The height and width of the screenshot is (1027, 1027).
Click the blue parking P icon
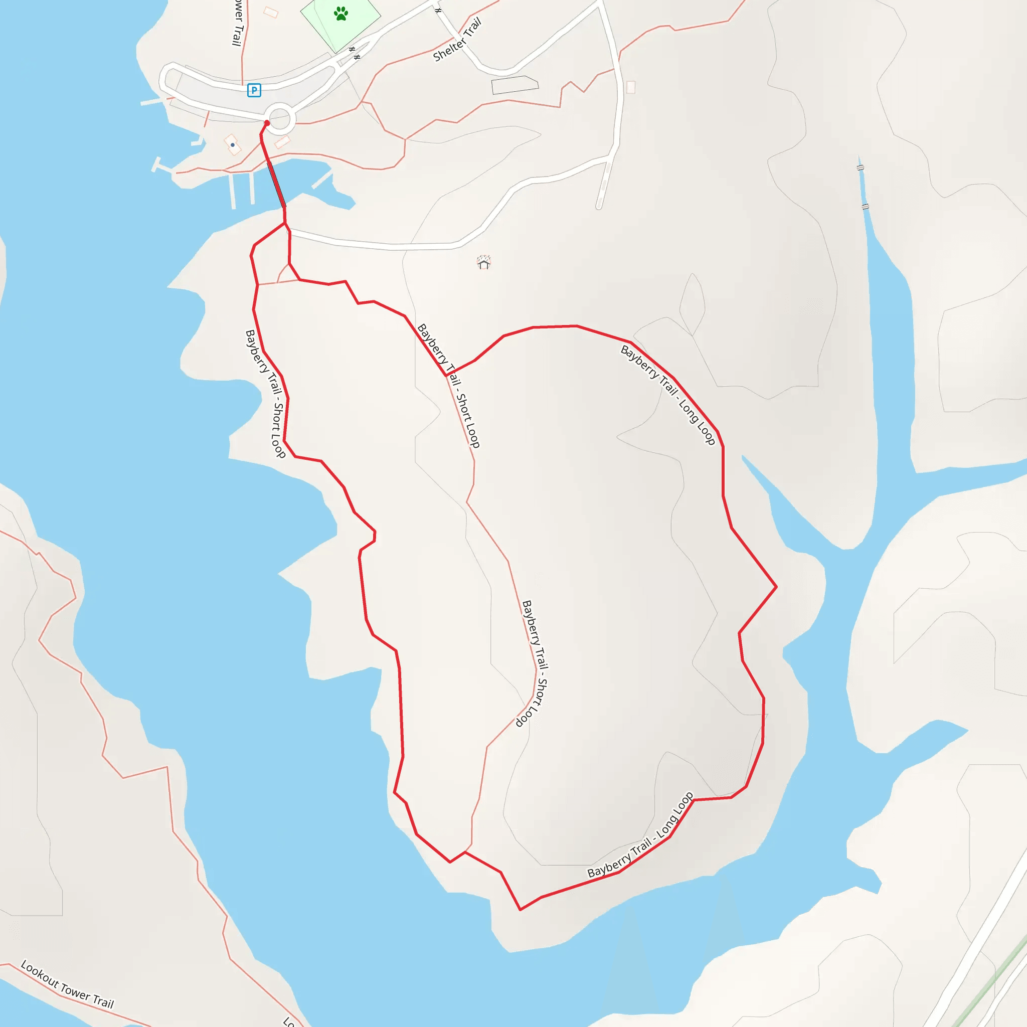254,90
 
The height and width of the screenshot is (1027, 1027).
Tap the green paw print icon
340,14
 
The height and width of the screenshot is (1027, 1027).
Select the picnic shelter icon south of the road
483,262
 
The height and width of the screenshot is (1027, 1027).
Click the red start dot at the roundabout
267,123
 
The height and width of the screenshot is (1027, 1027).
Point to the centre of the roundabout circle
280,118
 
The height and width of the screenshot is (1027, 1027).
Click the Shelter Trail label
457,40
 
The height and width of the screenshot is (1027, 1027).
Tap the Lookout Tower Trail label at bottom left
67,984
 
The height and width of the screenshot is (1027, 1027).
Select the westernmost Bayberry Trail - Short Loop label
265,393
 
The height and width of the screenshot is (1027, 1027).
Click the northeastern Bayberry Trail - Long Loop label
667,395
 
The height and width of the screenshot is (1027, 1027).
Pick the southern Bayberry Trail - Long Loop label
640,835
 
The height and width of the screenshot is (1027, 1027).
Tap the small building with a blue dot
233,144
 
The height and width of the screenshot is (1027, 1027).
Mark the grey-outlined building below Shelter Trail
514,85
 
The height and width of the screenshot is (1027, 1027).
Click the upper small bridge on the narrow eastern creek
860,168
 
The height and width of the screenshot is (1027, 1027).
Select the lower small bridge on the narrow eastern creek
866,206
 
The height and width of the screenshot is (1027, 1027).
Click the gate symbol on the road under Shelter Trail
438,10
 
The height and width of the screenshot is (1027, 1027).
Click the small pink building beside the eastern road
630,87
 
